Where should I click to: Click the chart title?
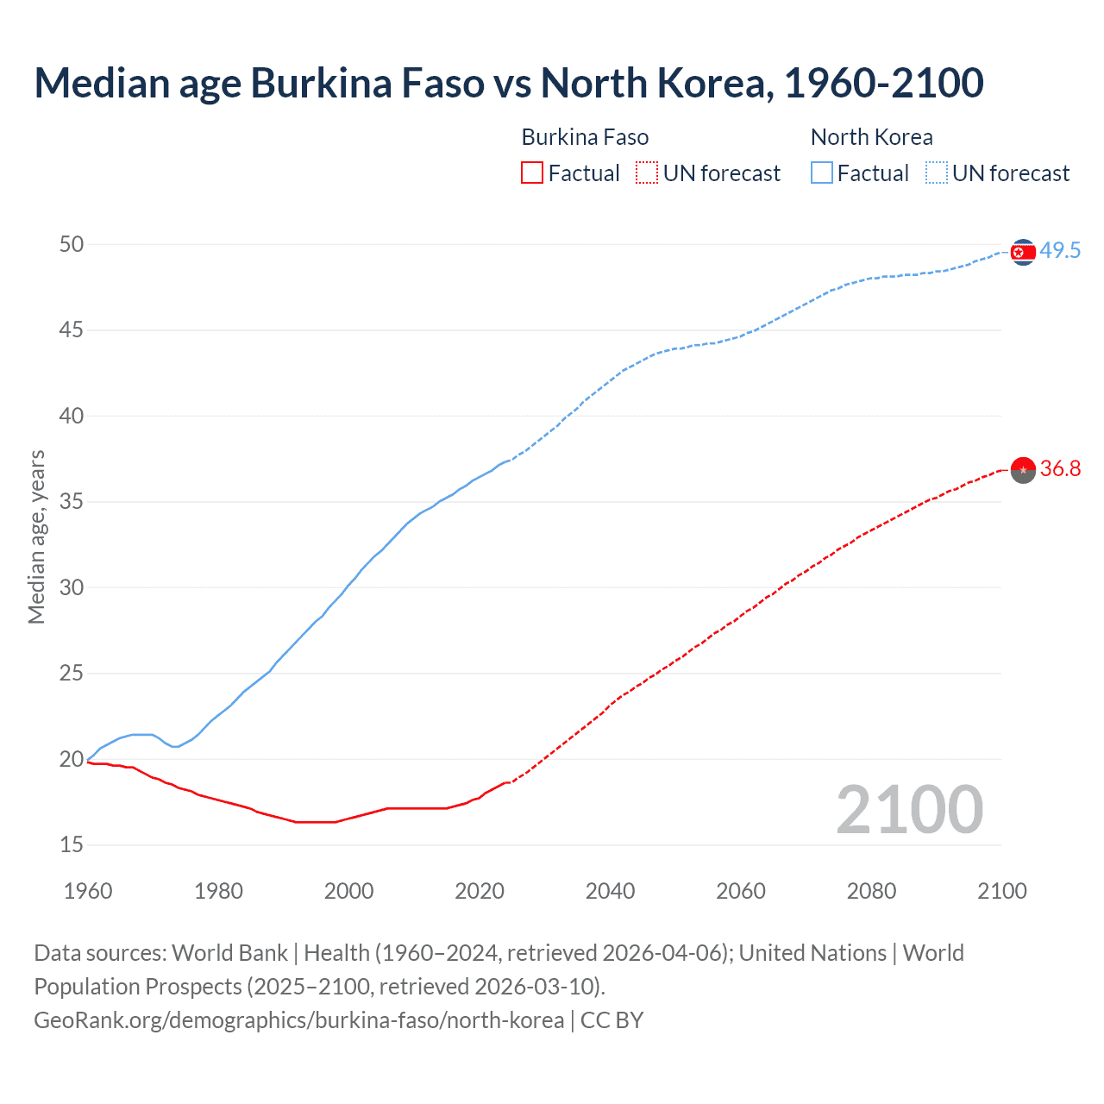tap(509, 83)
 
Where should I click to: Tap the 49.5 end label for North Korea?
tap(1060, 251)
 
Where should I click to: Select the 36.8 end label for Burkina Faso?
tap(1060, 468)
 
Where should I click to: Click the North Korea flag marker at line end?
tap(1023, 252)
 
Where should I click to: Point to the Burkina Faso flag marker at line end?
tap(1023, 470)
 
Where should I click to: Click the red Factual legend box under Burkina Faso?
tap(532, 173)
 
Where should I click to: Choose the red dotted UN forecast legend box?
tap(647, 173)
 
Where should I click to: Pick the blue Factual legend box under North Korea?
tap(822, 173)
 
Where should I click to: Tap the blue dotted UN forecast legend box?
tap(937, 173)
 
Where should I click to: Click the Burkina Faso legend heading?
tap(585, 137)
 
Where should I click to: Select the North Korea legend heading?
tap(871, 137)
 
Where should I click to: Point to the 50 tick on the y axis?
tap(72, 244)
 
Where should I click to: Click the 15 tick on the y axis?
tap(72, 845)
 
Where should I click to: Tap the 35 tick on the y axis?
tap(72, 502)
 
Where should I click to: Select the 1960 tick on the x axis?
tap(88, 891)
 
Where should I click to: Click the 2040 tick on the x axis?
tap(610, 891)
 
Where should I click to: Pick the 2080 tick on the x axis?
tap(871, 891)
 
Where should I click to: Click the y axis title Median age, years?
tap(36, 536)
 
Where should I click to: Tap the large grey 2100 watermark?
tap(909, 809)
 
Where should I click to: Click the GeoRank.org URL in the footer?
tap(298, 1020)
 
